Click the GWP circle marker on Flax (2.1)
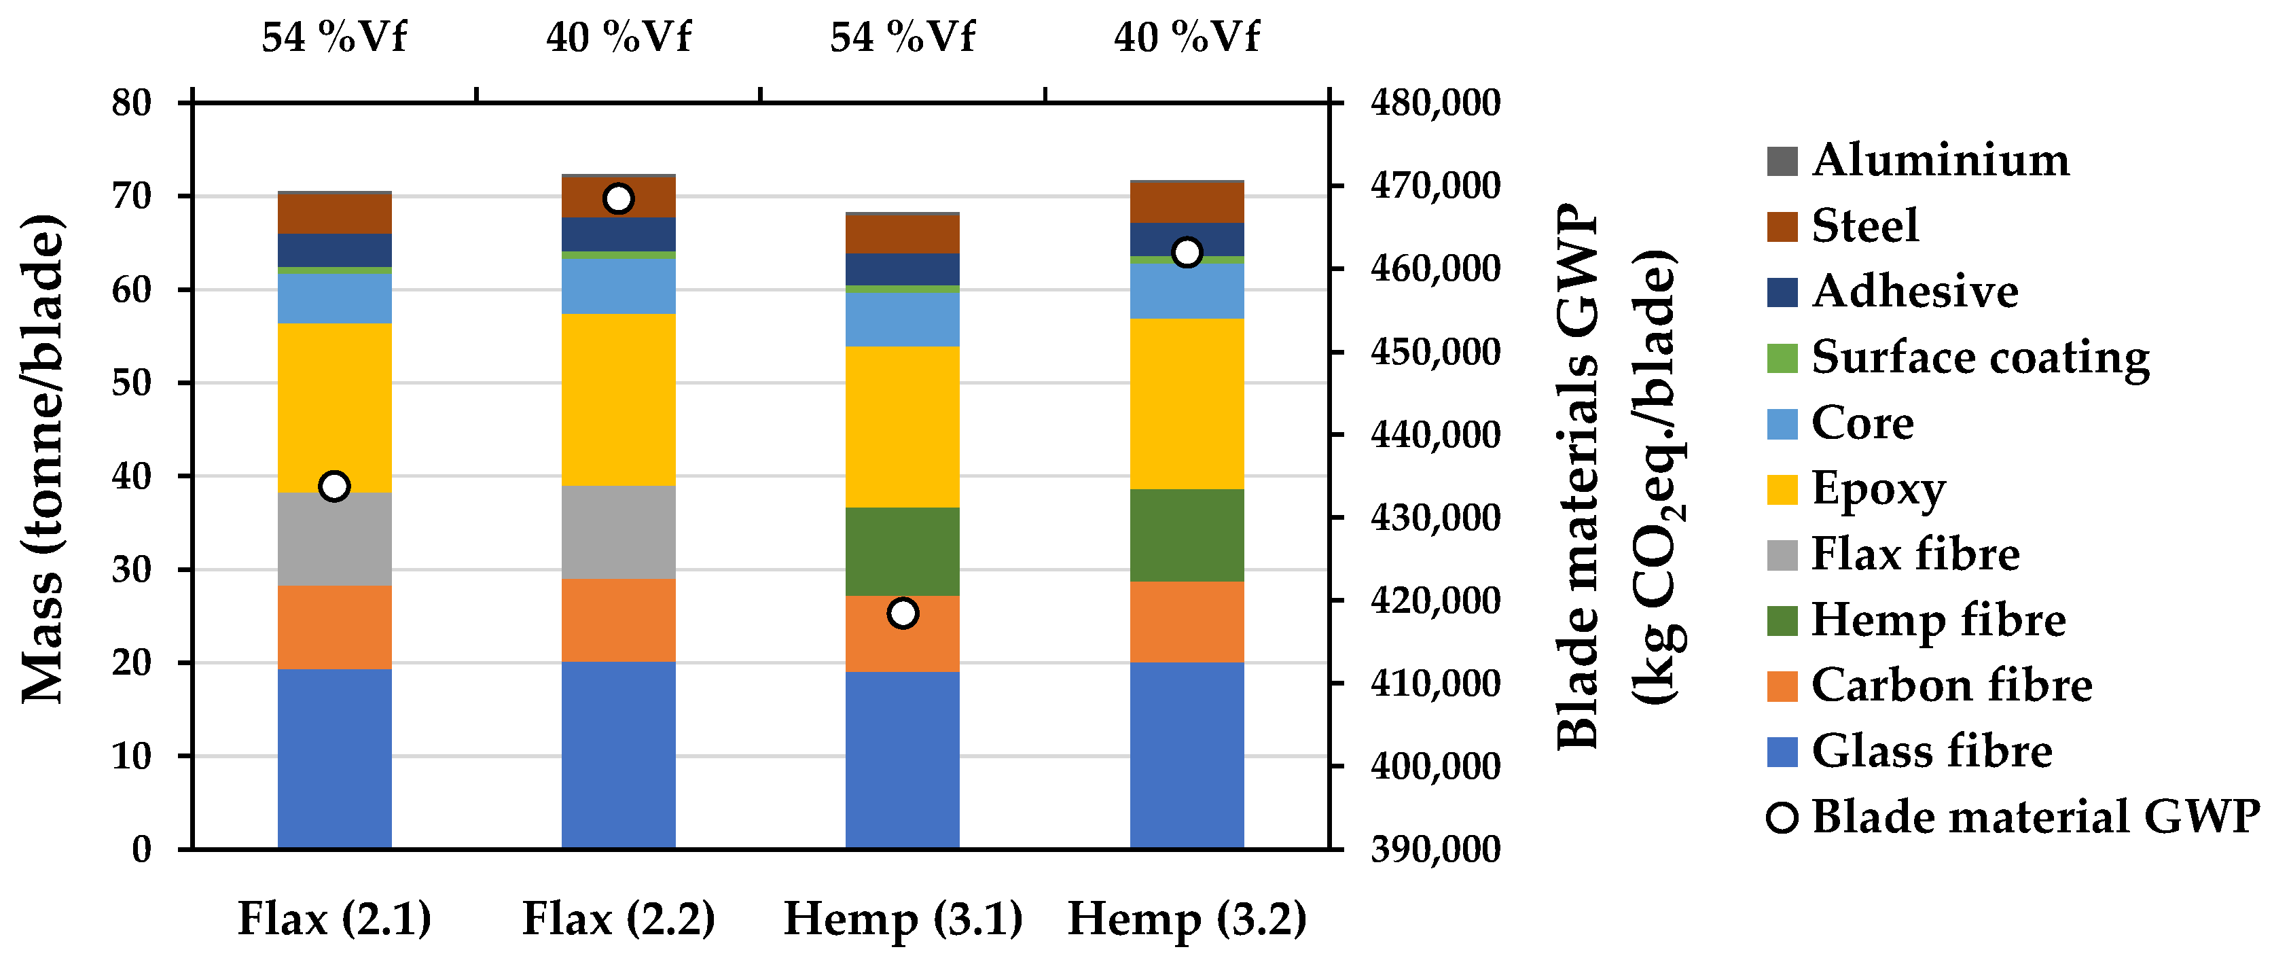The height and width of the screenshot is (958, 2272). tap(334, 486)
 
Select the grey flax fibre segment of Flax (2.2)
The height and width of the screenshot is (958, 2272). tap(618, 532)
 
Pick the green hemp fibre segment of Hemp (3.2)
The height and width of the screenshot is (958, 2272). tap(1187, 535)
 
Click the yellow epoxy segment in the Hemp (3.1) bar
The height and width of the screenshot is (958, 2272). tap(902, 427)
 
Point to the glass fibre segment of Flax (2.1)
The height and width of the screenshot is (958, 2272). tap(334, 759)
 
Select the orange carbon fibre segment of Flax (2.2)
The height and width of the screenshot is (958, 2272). tap(618, 620)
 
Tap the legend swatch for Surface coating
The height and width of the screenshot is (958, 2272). tap(1782, 358)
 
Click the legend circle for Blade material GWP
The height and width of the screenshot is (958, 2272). tap(1782, 817)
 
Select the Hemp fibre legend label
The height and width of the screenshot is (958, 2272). tap(1938, 619)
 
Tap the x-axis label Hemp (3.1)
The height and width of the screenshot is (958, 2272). tap(902, 919)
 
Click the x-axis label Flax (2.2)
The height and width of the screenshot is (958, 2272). tap(618, 919)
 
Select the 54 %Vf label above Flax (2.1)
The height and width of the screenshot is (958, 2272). tap(334, 37)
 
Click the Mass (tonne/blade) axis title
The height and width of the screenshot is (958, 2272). tap(42, 459)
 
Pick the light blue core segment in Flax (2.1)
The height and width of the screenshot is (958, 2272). tap(334, 298)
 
